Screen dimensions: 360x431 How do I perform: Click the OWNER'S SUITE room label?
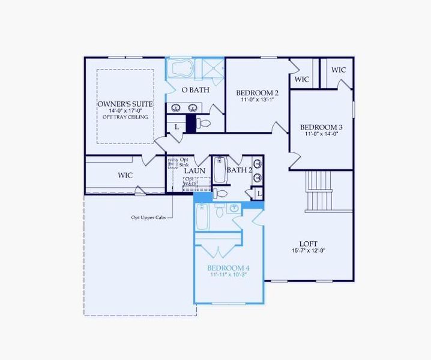click(125, 104)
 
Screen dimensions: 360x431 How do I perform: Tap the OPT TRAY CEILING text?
click(125, 116)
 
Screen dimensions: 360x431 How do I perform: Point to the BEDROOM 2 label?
click(257, 92)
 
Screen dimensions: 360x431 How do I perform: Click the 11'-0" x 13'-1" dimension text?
click(257, 100)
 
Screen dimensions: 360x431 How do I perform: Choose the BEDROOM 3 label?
click(321, 127)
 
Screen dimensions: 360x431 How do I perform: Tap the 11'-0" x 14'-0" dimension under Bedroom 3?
click(321, 134)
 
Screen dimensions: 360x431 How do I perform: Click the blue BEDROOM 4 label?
click(228, 268)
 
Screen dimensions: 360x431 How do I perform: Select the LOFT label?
click(308, 244)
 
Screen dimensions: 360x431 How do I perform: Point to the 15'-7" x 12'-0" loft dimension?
click(308, 251)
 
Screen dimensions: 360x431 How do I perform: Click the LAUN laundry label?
click(194, 171)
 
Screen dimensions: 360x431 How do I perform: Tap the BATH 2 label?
click(240, 170)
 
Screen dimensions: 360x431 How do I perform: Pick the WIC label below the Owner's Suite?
click(125, 175)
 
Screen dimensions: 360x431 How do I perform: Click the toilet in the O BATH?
click(205, 124)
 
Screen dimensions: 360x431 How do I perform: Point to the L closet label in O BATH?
click(176, 127)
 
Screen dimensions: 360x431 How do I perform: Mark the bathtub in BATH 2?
click(219, 171)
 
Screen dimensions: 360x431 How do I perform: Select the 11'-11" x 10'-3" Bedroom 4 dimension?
click(228, 275)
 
